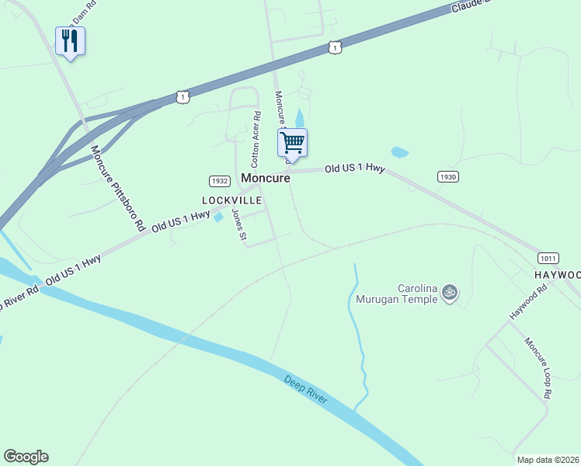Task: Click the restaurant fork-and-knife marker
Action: point(70,41)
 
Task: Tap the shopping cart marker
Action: point(292,143)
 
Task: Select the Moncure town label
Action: point(266,178)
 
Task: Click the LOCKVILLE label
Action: point(232,200)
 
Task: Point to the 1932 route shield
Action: point(219,181)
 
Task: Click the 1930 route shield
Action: point(447,176)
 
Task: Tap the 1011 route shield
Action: point(548,257)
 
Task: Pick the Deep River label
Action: point(305,391)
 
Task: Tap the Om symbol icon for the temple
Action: point(449,293)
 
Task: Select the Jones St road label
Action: point(239,224)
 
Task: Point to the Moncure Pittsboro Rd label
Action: point(117,189)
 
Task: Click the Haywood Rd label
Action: point(529,302)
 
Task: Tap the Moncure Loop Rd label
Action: point(538,368)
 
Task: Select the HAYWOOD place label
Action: point(557,276)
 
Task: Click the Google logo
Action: point(26,457)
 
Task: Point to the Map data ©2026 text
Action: point(548,460)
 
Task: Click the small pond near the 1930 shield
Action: point(399,152)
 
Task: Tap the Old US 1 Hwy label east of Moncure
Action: point(354,168)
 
